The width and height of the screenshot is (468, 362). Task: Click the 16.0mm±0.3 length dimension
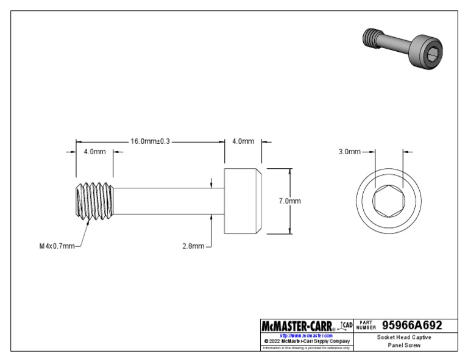pos(150,141)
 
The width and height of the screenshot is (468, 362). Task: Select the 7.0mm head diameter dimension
pos(289,201)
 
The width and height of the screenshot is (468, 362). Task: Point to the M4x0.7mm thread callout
pos(55,246)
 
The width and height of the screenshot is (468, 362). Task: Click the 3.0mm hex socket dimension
pos(350,151)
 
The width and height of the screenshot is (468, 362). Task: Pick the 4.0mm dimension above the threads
pos(94,152)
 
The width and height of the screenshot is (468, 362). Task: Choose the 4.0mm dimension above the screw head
pos(243,141)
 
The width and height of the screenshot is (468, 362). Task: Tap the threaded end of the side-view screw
pos(93,201)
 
